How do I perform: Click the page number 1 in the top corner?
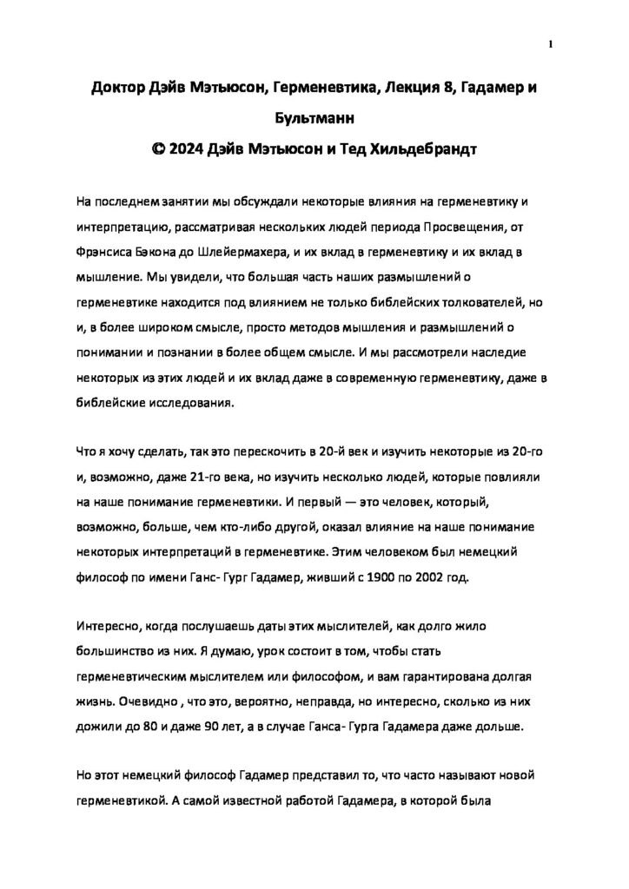[x=552, y=45]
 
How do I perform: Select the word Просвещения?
[x=463, y=227]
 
